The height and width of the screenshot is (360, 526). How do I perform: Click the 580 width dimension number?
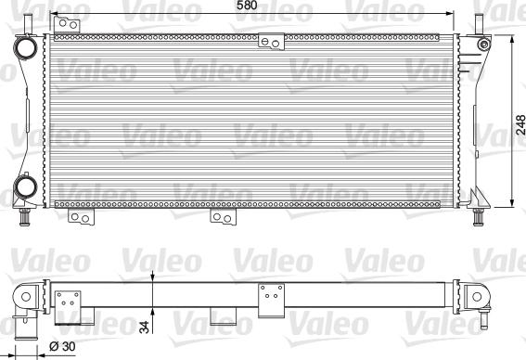click(248, 5)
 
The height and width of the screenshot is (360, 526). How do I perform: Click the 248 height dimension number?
click(520, 125)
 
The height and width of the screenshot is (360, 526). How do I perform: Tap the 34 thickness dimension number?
click(144, 328)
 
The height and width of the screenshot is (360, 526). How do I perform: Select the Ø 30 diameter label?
click(62, 346)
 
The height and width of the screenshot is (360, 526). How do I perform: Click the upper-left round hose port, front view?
click(25, 47)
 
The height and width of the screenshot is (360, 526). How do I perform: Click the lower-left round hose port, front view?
click(25, 186)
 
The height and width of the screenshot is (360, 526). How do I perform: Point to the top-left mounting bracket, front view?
click(67, 24)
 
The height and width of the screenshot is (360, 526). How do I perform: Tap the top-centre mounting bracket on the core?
click(271, 42)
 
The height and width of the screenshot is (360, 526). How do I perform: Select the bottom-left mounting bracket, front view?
click(82, 217)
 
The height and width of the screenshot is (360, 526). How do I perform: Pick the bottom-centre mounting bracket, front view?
click(223, 217)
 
